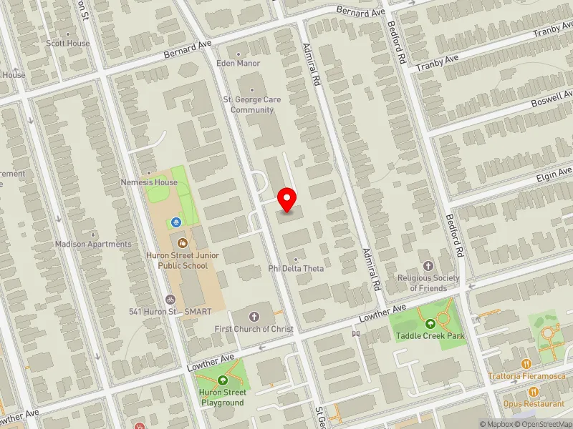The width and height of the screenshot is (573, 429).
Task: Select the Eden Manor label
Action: pyautogui.click(x=239, y=63)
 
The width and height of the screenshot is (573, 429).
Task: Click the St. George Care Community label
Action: pyautogui.click(x=252, y=105)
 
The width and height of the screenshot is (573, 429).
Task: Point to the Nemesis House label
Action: pyautogui.click(x=149, y=182)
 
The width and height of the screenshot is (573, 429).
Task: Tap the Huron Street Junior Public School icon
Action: pyautogui.click(x=181, y=243)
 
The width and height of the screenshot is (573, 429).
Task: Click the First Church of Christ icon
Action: pyautogui.click(x=255, y=315)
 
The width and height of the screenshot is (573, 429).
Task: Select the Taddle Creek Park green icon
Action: pyautogui.click(x=431, y=323)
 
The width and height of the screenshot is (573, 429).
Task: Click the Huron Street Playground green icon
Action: pyautogui.click(x=222, y=380)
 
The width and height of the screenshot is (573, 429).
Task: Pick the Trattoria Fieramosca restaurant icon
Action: pyautogui.click(x=526, y=363)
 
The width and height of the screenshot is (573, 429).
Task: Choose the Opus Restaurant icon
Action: pyautogui.click(x=534, y=391)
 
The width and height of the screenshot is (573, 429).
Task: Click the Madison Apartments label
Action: pyautogui.click(x=94, y=244)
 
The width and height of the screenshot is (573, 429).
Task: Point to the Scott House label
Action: pyautogui.click(x=68, y=43)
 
